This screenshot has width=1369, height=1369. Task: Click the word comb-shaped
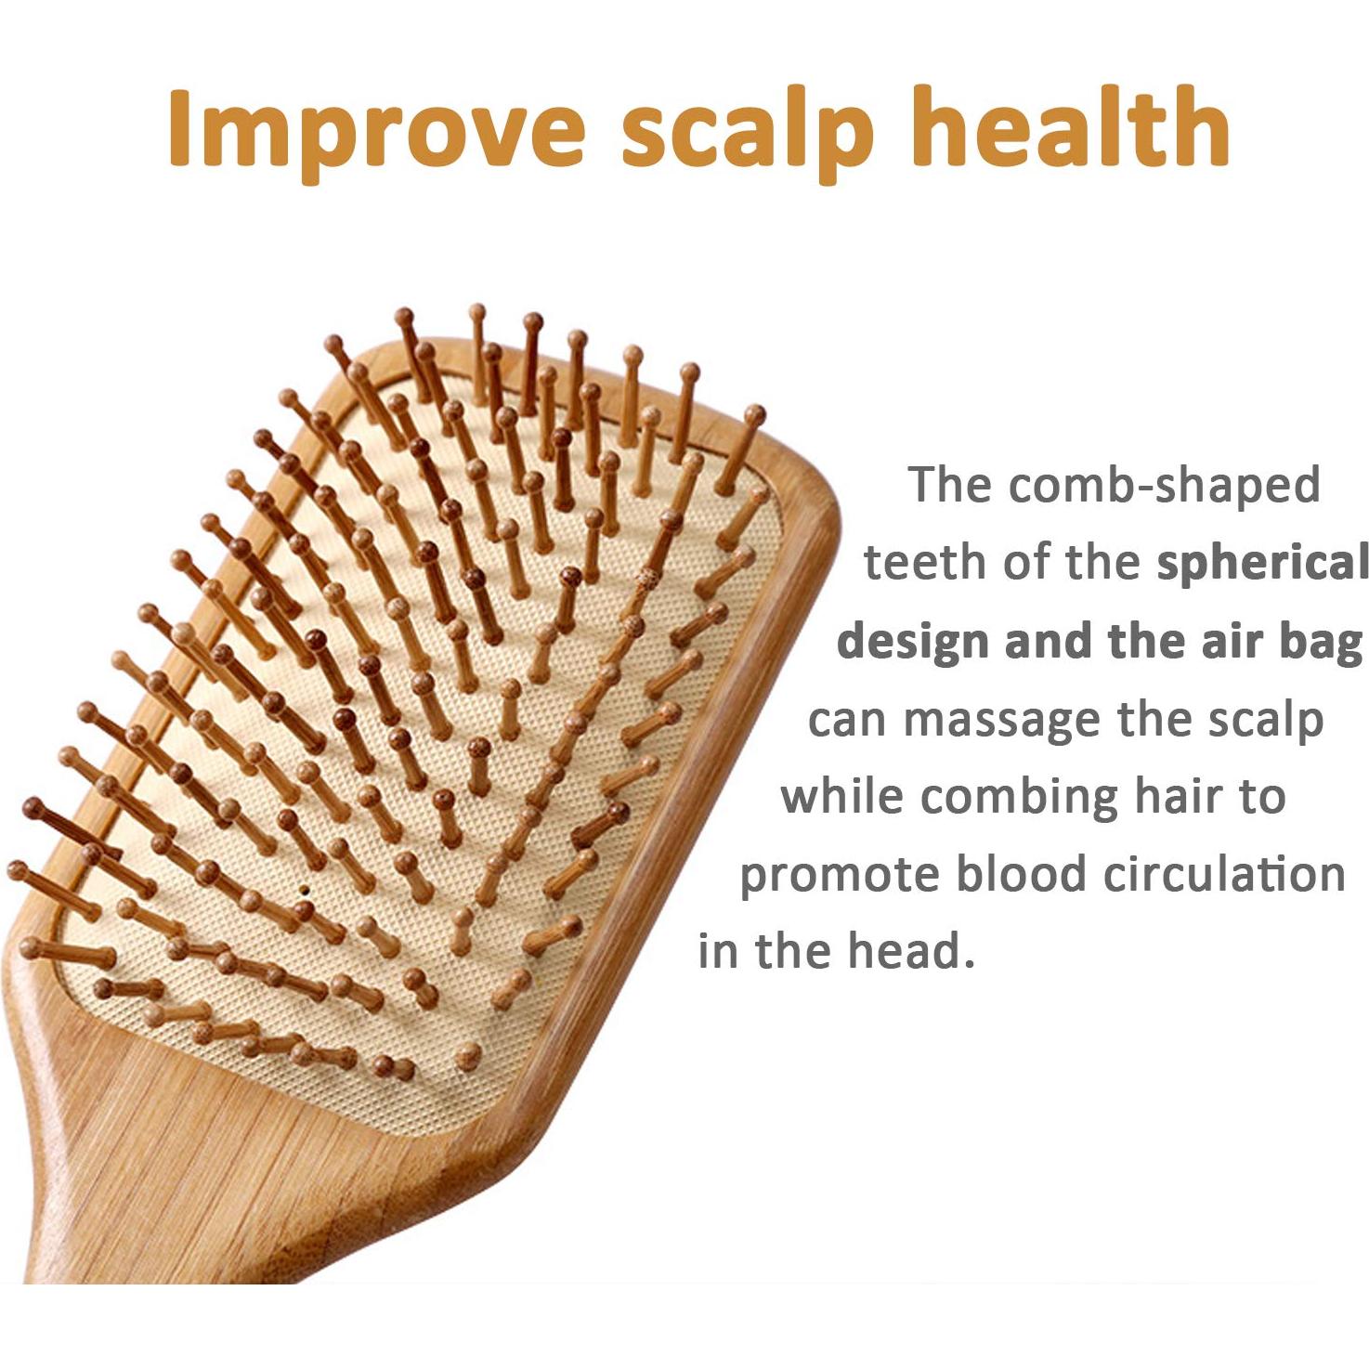(x=1164, y=485)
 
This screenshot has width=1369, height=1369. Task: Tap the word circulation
(x=1225, y=873)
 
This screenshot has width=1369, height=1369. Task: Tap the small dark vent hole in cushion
(x=303, y=889)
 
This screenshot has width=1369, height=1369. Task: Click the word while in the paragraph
(x=841, y=796)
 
